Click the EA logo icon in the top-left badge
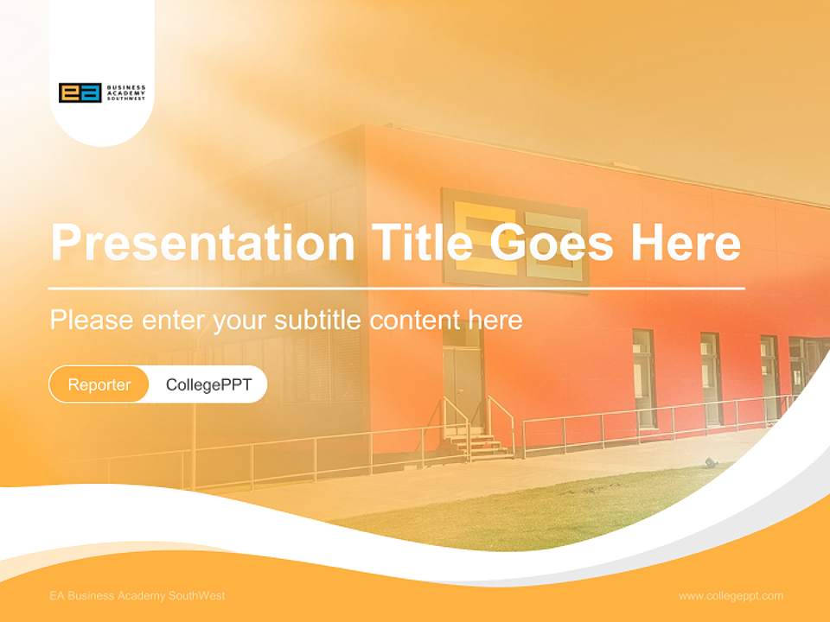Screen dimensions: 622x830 point(80,92)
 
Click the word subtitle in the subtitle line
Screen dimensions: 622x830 point(319,321)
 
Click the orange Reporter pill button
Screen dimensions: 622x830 point(99,384)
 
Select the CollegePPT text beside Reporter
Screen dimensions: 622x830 point(208,384)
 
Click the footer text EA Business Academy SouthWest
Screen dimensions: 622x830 point(137,596)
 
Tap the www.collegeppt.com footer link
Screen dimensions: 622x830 point(731,596)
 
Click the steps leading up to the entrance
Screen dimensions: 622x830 point(478,446)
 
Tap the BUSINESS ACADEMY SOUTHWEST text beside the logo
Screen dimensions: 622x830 point(126,92)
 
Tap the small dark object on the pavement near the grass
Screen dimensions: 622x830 point(711,463)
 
